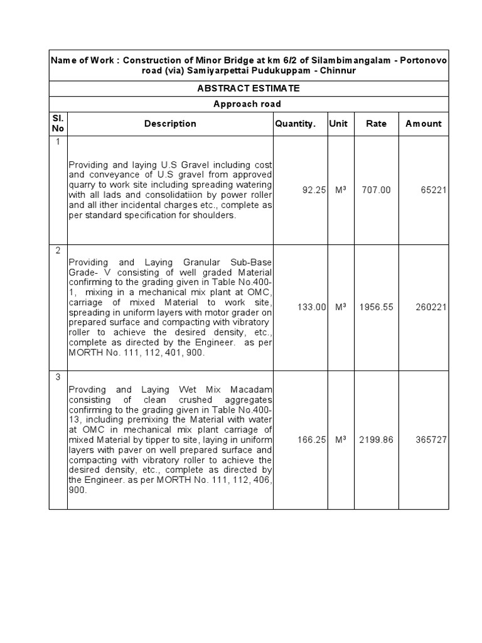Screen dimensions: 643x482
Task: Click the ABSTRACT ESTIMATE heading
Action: (x=249, y=89)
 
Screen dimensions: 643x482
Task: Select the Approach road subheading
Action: (x=249, y=104)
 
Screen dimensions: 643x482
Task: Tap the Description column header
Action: (x=170, y=124)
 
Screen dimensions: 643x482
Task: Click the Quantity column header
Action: (x=296, y=124)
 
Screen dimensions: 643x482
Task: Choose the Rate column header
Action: (x=377, y=124)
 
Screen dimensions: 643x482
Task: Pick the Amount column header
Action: (x=424, y=124)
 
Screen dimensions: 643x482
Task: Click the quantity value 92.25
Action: (x=313, y=190)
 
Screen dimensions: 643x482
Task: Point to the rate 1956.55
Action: (x=377, y=307)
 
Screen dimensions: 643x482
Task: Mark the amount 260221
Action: (x=431, y=307)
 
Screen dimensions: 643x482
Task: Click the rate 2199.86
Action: (x=377, y=440)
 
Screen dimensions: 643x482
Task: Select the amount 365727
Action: (x=431, y=440)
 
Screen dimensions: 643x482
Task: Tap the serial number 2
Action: (x=58, y=251)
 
